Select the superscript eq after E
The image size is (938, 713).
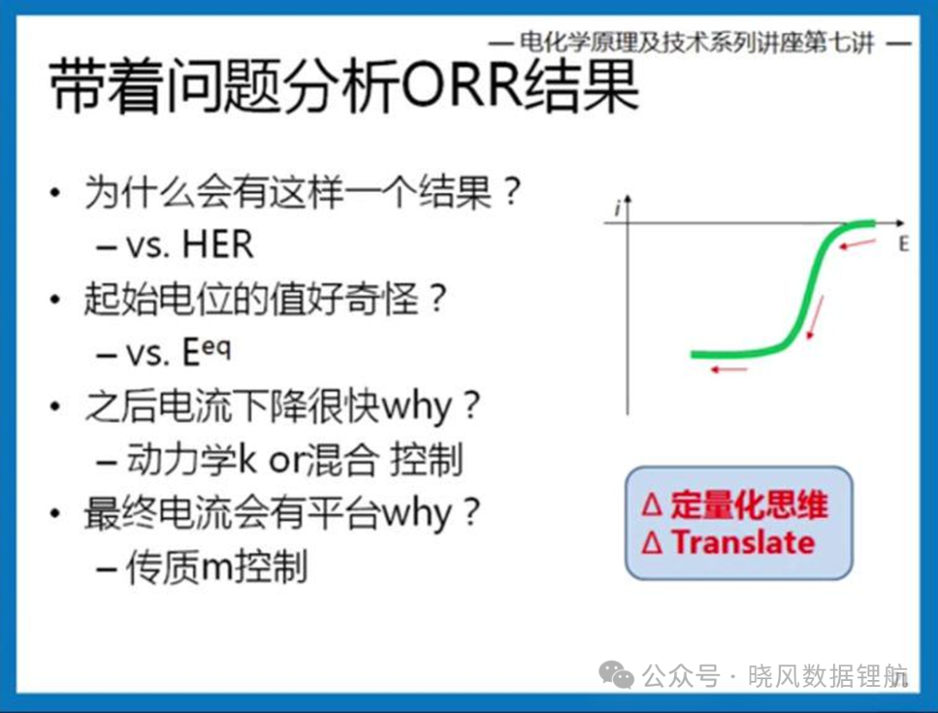[x=215, y=347]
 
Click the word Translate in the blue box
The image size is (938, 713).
[x=743, y=543]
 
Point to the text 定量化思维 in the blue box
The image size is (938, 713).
[x=749, y=505]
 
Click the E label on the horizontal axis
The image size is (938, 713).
[x=903, y=244]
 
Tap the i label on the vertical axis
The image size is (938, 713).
[x=617, y=208]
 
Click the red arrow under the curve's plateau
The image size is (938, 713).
[x=730, y=370]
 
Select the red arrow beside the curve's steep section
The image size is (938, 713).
[x=815, y=318]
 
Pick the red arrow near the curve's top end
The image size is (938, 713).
[x=858, y=243]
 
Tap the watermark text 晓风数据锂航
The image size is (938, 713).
[x=828, y=676]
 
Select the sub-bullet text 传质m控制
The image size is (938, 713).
[x=216, y=566]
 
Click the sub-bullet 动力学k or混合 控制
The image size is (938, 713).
[x=294, y=459]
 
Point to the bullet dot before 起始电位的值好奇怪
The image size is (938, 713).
[x=56, y=299]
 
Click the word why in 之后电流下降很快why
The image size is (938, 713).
[x=416, y=408]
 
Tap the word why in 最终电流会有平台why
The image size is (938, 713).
[x=416, y=514]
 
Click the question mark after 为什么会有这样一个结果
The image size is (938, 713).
[x=512, y=192]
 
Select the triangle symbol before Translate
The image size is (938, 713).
[x=652, y=543]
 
